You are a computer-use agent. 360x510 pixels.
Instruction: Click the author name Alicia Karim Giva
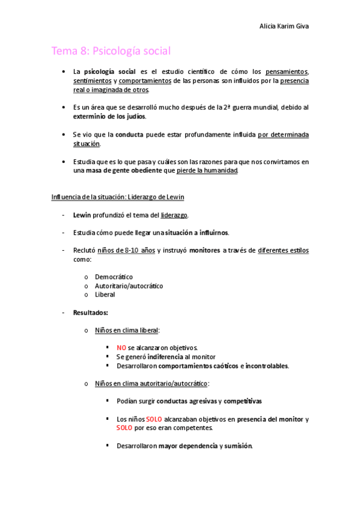coord(284,26)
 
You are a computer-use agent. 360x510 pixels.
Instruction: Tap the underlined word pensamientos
coord(286,72)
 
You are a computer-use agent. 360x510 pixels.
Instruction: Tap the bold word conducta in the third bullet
coord(129,135)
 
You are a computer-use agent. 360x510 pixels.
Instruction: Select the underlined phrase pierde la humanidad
coord(207,171)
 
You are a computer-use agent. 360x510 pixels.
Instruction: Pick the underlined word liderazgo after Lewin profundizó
coord(174,215)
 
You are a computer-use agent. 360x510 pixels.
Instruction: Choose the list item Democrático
coord(114,277)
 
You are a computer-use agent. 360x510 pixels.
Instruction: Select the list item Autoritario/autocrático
coord(129,286)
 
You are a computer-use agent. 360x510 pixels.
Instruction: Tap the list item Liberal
coord(105,295)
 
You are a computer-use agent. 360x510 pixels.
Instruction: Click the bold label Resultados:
coord(90,313)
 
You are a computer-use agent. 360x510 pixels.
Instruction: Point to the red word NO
coord(121,348)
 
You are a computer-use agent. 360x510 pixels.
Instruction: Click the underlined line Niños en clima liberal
coord(127,330)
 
